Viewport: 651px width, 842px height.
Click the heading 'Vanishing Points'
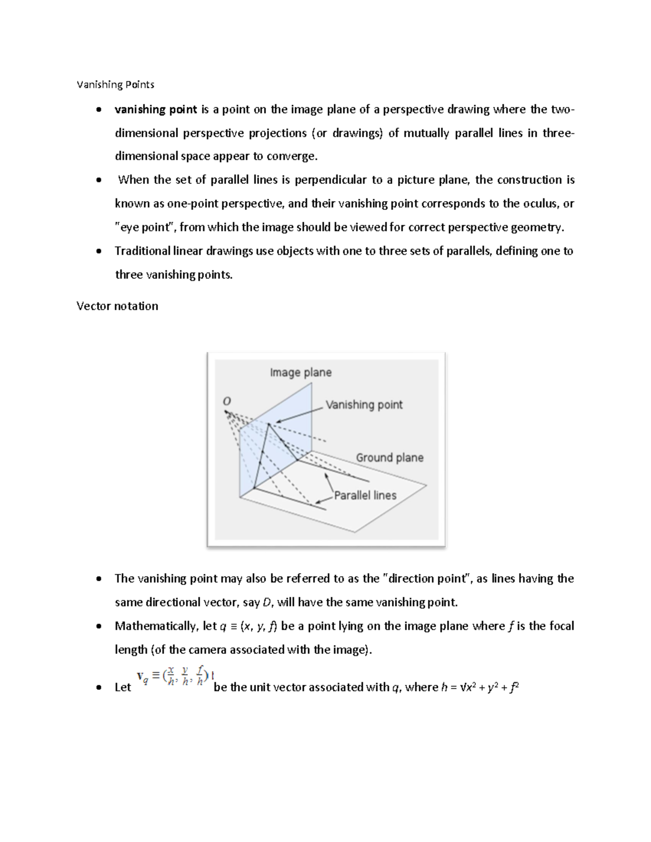pyautogui.click(x=115, y=85)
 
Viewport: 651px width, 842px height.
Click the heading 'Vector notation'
pyautogui.click(x=117, y=306)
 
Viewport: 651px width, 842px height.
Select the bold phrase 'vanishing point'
pyautogui.click(x=156, y=110)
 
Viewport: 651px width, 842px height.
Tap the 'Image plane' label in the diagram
pyautogui.click(x=301, y=372)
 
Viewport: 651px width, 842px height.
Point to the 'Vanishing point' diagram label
pyautogui.click(x=364, y=404)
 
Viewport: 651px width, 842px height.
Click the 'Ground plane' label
pyautogui.click(x=390, y=458)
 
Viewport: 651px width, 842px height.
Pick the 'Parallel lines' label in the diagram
pyautogui.click(x=365, y=495)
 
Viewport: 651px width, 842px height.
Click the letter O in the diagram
pyautogui.click(x=227, y=401)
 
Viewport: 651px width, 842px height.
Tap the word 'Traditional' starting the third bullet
pyautogui.click(x=143, y=251)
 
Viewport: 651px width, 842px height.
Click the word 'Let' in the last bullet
pyautogui.click(x=123, y=687)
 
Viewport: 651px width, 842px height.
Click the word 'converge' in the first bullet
pyautogui.click(x=294, y=157)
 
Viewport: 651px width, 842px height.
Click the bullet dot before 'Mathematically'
pyautogui.click(x=98, y=627)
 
